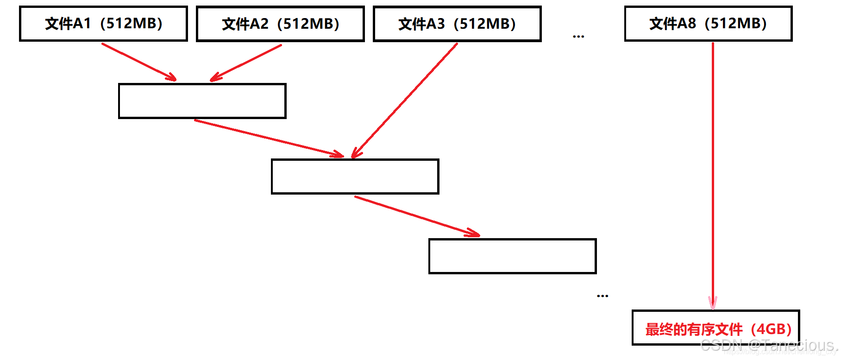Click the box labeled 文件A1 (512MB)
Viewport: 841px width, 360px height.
coord(103,24)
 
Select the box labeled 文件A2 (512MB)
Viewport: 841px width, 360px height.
coord(280,24)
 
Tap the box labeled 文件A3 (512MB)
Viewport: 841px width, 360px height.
coord(457,24)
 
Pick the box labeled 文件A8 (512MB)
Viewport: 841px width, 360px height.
coord(708,24)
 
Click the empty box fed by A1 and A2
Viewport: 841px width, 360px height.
coord(202,101)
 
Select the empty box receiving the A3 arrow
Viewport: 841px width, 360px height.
coord(355,177)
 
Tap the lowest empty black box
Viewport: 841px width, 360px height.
coord(512,256)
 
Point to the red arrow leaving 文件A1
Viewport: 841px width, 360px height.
coord(138,62)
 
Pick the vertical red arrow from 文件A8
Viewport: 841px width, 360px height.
coord(713,176)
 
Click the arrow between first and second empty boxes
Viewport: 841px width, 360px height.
coord(269,138)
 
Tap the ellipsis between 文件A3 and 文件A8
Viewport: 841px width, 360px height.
coord(578,36)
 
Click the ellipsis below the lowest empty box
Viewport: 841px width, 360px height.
coord(603,296)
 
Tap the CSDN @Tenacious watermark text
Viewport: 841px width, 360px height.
coord(769,345)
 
